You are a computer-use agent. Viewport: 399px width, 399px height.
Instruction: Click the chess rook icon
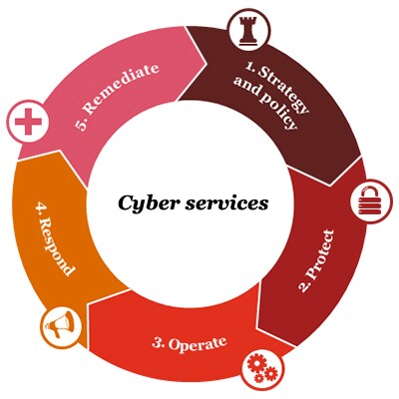pos(249,31)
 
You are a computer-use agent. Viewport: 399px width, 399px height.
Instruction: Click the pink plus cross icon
pos(29,122)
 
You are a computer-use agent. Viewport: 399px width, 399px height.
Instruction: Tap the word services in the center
pos(226,203)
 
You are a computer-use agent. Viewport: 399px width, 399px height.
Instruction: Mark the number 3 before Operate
pos(158,342)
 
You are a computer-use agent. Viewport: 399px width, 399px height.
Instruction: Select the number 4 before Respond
pos(41,207)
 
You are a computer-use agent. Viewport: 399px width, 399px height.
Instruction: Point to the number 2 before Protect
pos(304,286)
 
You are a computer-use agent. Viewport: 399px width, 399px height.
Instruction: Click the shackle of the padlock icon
pos(368,193)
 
